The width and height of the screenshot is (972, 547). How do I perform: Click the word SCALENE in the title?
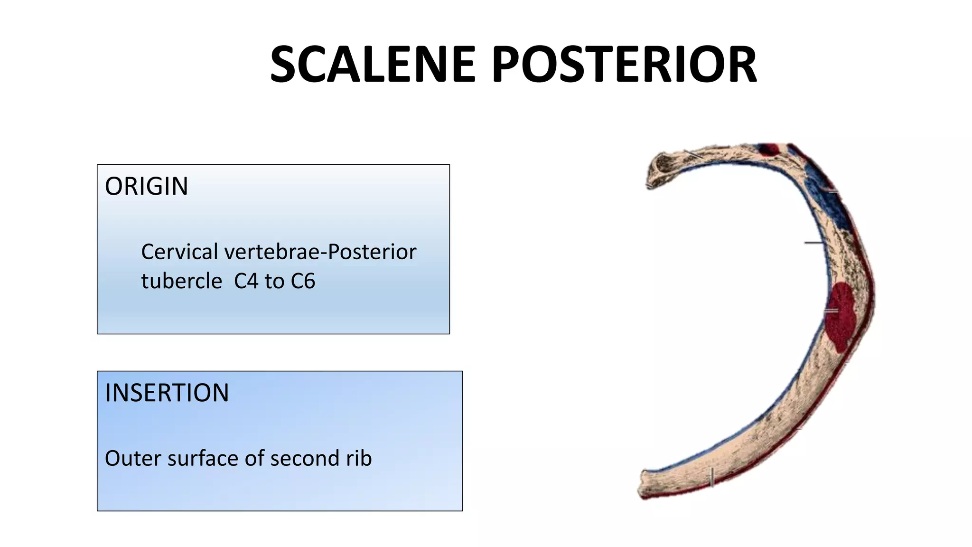[373, 65]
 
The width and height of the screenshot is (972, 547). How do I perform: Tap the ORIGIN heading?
[146, 186]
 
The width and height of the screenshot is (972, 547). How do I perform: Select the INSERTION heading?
[167, 393]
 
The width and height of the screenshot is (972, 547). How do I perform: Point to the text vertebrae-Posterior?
[320, 252]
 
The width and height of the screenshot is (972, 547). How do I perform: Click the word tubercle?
[181, 281]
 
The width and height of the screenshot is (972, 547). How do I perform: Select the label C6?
[303, 281]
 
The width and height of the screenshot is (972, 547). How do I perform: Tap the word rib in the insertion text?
[359, 458]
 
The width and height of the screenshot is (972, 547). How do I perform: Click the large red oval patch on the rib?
[840, 316]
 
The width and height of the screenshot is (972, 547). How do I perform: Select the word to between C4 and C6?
[274, 281]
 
